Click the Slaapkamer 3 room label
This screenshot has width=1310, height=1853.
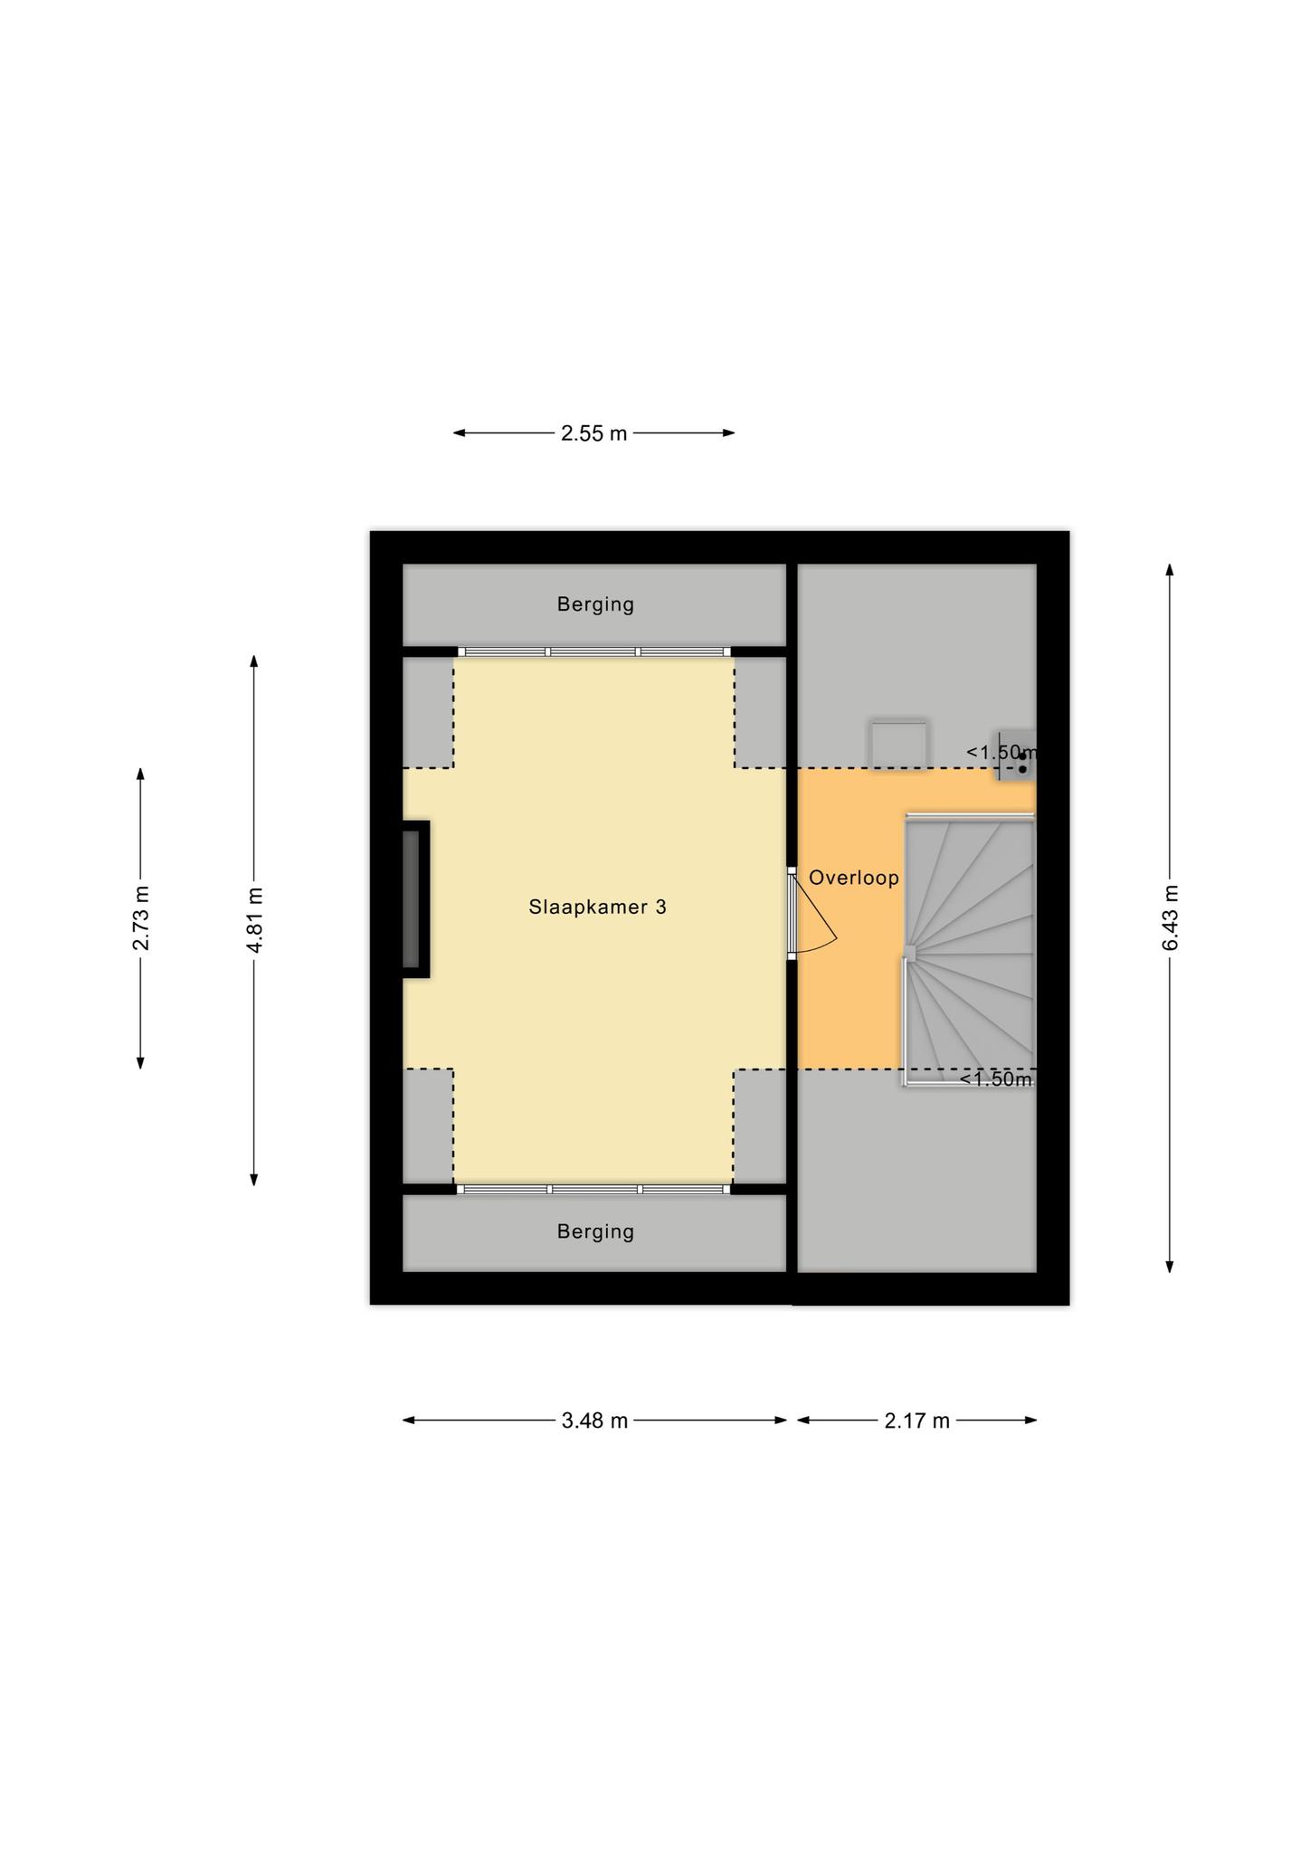pos(597,907)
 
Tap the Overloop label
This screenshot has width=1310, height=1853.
pos(854,878)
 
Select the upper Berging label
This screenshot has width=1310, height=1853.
pos(595,604)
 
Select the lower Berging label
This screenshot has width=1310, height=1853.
pos(595,1231)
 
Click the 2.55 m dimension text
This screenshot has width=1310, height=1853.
pos(593,433)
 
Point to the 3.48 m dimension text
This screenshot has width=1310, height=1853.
pos(594,1421)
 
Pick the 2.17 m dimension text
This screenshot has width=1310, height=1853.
pos(917,1421)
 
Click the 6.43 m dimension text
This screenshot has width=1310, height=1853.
pos(1171,917)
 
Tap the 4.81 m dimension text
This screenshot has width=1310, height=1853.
pos(254,919)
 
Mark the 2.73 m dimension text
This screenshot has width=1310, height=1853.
pos(141,918)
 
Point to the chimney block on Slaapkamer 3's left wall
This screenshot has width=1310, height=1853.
pos(416,899)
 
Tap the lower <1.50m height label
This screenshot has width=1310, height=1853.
pos(995,1079)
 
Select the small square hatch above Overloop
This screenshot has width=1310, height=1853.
pos(898,745)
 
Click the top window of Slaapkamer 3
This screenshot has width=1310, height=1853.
pos(593,651)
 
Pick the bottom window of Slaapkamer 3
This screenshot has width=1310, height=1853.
pos(593,1189)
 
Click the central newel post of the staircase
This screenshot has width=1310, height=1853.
pos(910,954)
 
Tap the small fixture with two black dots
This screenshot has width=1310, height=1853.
pos(1017,755)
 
